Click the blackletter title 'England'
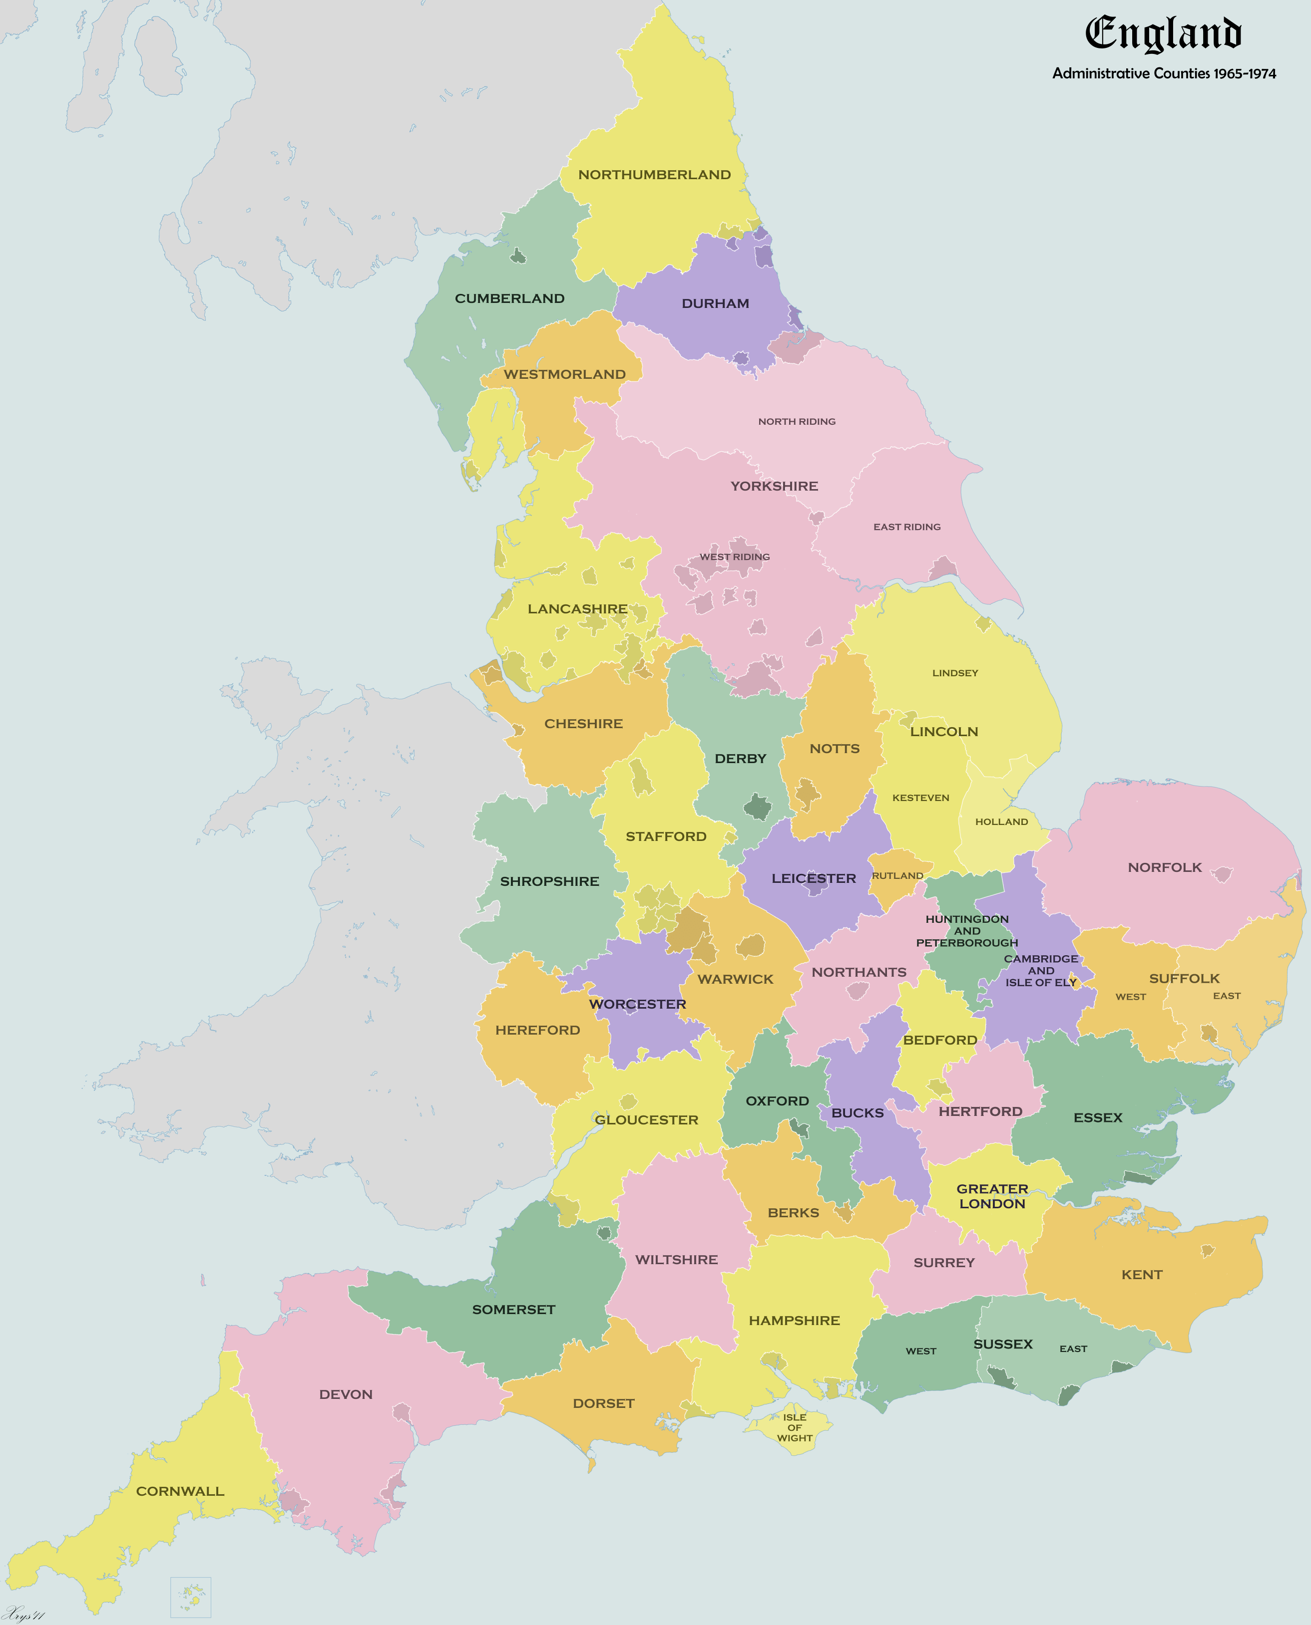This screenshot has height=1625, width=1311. pos(1163,33)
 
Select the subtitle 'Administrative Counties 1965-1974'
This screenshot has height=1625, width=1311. pos(1164,74)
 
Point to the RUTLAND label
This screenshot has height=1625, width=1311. pos(897,875)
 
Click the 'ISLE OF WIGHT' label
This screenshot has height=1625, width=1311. pos(795,1427)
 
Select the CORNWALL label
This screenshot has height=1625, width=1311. pos(180,1491)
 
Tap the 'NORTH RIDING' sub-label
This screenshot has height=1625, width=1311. pos(797,422)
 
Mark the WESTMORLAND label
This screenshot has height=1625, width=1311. pos(564,374)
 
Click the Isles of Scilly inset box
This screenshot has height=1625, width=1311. pos(190,1597)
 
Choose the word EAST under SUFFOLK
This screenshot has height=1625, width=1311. pos(1227,996)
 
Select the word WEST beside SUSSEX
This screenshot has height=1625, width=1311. pos(920,1351)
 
